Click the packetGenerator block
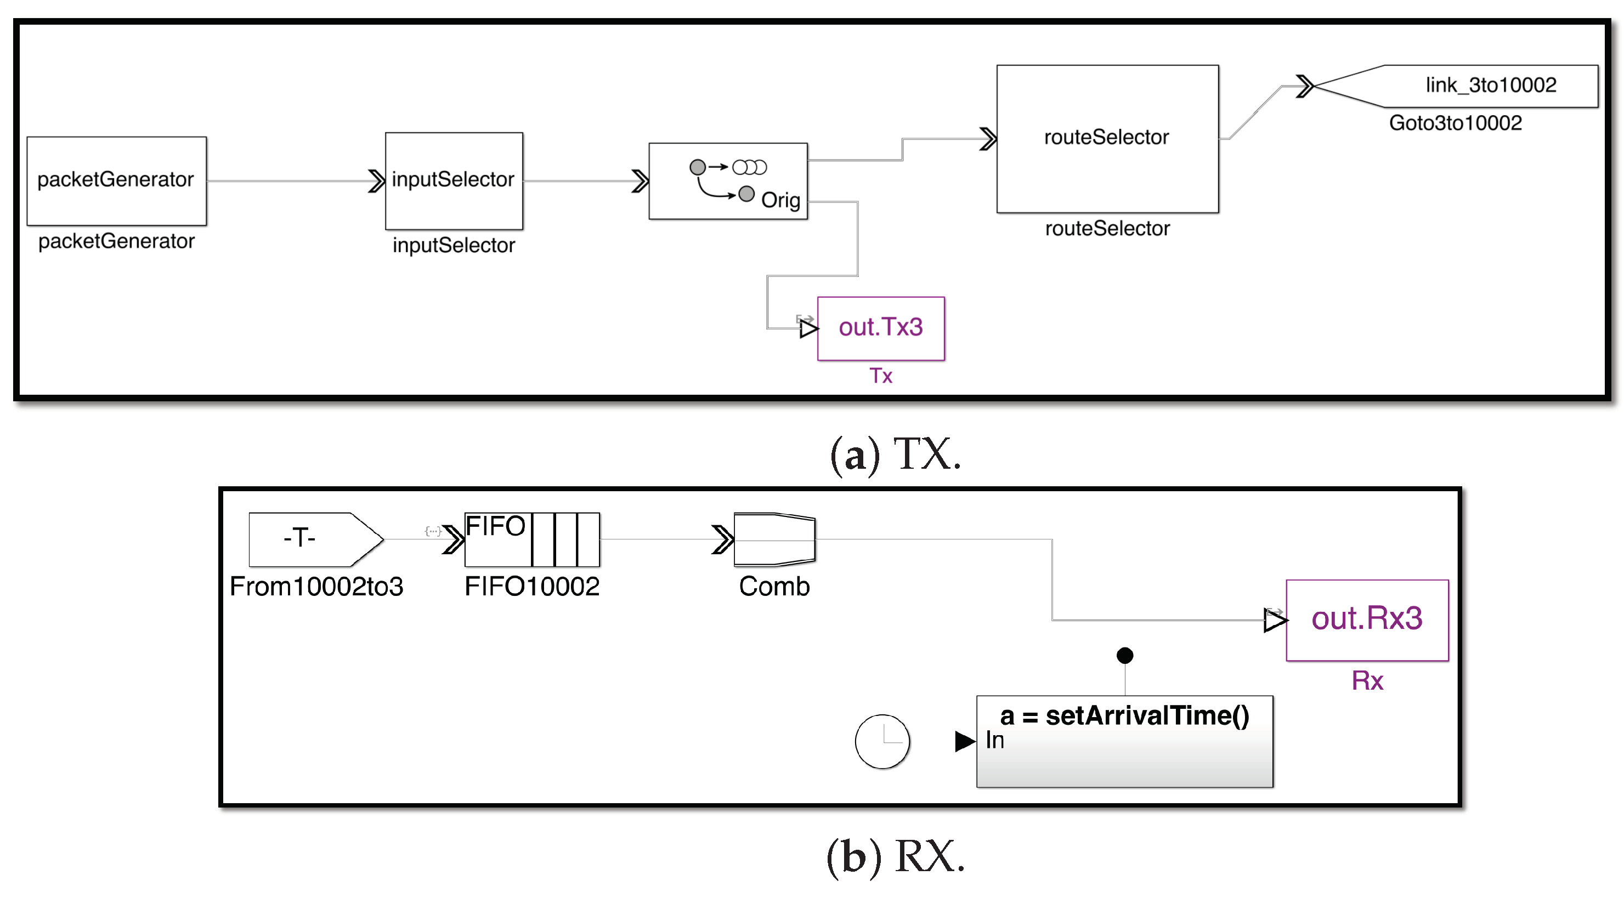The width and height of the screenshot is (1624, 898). (x=117, y=181)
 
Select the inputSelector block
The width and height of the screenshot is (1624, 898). (x=454, y=181)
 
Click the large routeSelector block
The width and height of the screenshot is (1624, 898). (x=1107, y=139)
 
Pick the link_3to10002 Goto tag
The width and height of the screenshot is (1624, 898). (x=1475, y=86)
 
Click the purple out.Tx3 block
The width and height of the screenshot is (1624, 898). (x=881, y=328)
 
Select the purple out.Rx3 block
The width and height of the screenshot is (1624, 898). (x=1367, y=619)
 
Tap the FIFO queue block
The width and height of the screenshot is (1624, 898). (x=532, y=539)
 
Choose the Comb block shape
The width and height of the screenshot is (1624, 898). (x=774, y=539)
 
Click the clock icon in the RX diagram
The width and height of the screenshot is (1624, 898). (x=882, y=741)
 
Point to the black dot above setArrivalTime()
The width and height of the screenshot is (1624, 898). (x=1125, y=655)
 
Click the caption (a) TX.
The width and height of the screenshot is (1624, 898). (x=895, y=455)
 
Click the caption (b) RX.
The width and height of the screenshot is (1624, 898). (x=895, y=857)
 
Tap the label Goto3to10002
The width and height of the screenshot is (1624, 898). (x=1455, y=123)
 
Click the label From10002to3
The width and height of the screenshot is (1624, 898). (x=316, y=587)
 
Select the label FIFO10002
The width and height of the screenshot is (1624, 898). (x=532, y=587)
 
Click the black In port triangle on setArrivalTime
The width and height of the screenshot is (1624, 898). (x=964, y=741)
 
